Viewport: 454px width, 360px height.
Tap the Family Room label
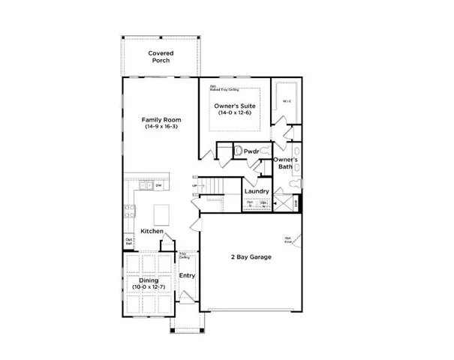(159, 119)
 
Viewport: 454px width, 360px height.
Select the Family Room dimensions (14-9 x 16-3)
(159, 127)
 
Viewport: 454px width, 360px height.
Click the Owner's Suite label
(236, 106)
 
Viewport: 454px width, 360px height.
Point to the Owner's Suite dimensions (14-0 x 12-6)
(236, 114)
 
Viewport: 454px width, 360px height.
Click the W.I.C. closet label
(287, 100)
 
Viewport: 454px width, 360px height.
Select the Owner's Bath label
(286, 163)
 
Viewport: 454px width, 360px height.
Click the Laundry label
(257, 192)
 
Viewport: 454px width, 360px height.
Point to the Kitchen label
(151, 232)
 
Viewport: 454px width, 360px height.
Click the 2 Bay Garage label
(251, 257)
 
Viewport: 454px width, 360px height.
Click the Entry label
(187, 275)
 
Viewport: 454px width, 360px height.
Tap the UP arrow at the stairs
(196, 185)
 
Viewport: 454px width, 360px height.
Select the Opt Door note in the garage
(288, 241)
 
